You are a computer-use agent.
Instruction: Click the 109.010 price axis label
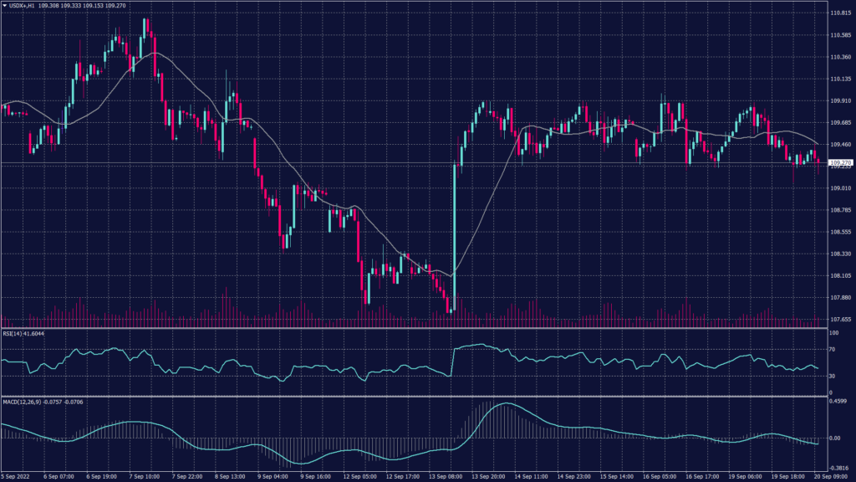click(x=840, y=188)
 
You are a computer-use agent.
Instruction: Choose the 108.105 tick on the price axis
click(x=840, y=275)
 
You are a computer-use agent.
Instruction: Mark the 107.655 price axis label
click(x=840, y=319)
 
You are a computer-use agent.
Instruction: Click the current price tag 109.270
click(x=840, y=162)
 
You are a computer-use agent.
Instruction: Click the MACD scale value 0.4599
click(x=839, y=401)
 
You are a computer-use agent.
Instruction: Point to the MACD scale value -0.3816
click(x=839, y=469)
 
